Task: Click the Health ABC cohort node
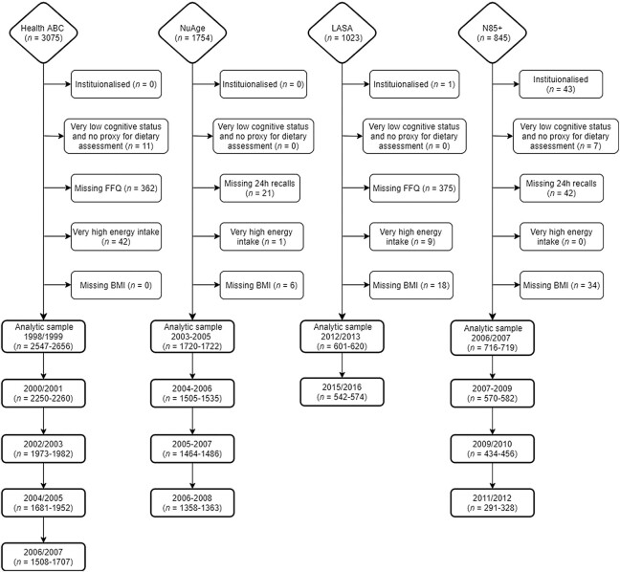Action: tap(44, 33)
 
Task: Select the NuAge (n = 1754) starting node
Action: tap(192, 33)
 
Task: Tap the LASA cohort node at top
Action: tap(342, 33)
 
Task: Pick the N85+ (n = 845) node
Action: tap(490, 33)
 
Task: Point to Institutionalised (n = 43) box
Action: tap(561, 85)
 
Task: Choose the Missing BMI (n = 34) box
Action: tap(561, 284)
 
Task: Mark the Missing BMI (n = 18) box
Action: tap(411, 284)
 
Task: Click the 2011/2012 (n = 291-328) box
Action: tap(490, 499)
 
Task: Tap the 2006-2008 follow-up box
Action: tap(192, 499)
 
